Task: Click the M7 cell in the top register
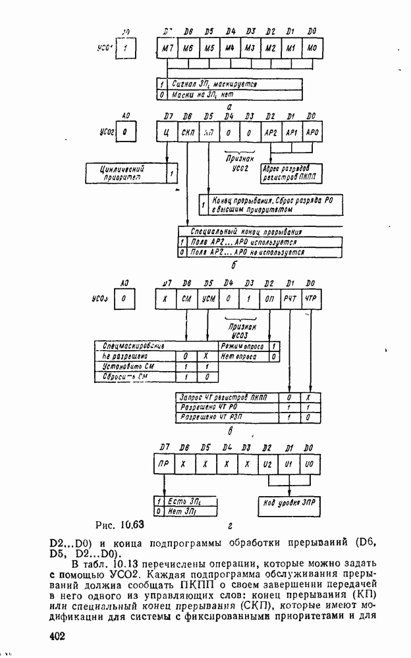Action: click(x=167, y=49)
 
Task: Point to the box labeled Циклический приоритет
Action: click(x=126, y=172)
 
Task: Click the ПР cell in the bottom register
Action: click(x=164, y=465)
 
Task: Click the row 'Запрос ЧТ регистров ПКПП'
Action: click(x=227, y=397)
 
